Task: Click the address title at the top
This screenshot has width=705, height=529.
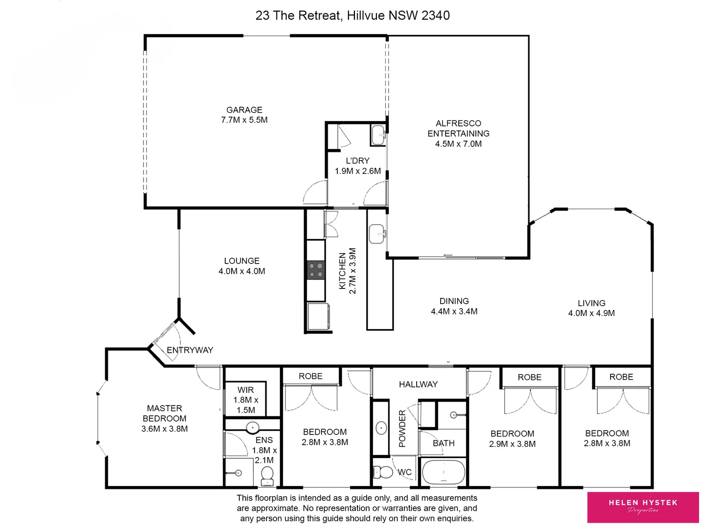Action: click(x=352, y=16)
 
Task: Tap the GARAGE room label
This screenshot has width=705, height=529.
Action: click(x=244, y=110)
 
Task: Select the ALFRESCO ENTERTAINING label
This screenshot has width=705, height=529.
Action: click(x=458, y=128)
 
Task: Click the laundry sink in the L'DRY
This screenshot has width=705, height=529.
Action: click(x=378, y=135)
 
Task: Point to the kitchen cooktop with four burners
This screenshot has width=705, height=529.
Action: click(x=316, y=270)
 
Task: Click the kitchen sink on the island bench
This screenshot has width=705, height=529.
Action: click(x=376, y=234)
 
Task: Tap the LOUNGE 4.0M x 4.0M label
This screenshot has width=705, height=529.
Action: click(x=242, y=266)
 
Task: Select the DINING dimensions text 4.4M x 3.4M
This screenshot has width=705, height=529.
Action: click(x=454, y=312)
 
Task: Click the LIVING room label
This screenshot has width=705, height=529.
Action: click(x=591, y=303)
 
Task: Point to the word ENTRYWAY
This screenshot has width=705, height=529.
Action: click(x=190, y=350)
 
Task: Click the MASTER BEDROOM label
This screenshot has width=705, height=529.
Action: click(x=164, y=413)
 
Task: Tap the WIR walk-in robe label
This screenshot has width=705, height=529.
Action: click(x=246, y=390)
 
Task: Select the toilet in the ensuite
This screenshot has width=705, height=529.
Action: click(x=267, y=475)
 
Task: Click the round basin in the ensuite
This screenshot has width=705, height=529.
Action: click(x=252, y=427)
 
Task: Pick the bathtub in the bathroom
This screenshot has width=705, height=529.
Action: click(x=443, y=472)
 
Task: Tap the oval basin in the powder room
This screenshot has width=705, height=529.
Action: click(x=381, y=428)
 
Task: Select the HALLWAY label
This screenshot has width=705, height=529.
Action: click(x=418, y=385)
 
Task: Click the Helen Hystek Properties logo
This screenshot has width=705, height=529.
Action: click(x=643, y=507)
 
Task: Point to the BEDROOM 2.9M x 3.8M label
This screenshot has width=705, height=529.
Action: click(x=512, y=439)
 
